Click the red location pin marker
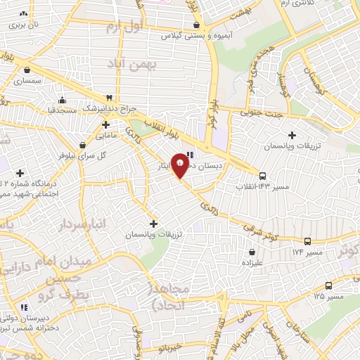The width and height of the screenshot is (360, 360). (181, 165)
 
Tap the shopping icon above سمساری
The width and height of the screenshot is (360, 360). (27, 70)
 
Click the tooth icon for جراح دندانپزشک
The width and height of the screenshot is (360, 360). (109, 98)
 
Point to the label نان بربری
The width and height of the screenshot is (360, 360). (24, 24)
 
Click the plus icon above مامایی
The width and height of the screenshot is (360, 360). (105, 124)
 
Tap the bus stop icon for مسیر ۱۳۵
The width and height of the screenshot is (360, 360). (328, 285)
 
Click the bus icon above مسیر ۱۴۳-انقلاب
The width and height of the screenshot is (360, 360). (262, 176)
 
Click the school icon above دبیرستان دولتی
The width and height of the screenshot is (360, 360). (24, 307)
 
